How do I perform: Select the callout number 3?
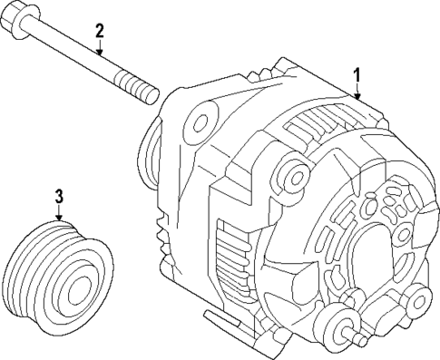59,195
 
